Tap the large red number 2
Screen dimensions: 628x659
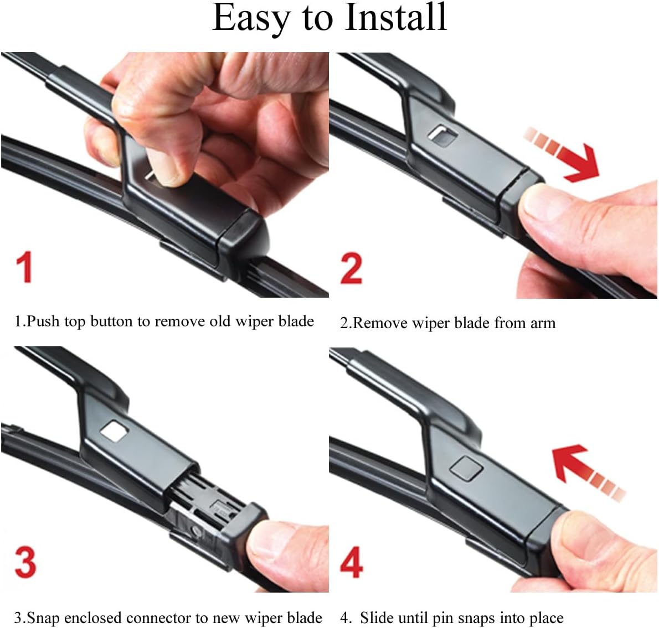352,269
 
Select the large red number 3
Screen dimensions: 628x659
25,562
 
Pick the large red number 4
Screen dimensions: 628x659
352,562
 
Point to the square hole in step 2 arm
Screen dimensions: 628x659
442,133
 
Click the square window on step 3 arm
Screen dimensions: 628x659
115,431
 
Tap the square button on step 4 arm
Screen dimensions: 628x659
466,468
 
